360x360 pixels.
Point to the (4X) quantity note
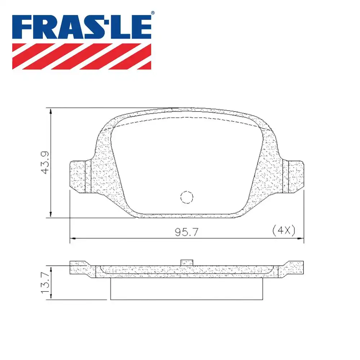pos(284,230)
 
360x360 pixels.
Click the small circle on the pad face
pos(186,197)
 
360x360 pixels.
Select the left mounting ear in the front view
pos(78,176)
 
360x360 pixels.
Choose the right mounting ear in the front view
pos(296,176)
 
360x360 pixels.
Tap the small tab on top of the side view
pos(186,262)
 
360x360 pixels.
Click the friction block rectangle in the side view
pos(186,289)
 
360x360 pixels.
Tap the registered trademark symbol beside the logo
pos(153,13)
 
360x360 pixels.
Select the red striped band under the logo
pos(82,56)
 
